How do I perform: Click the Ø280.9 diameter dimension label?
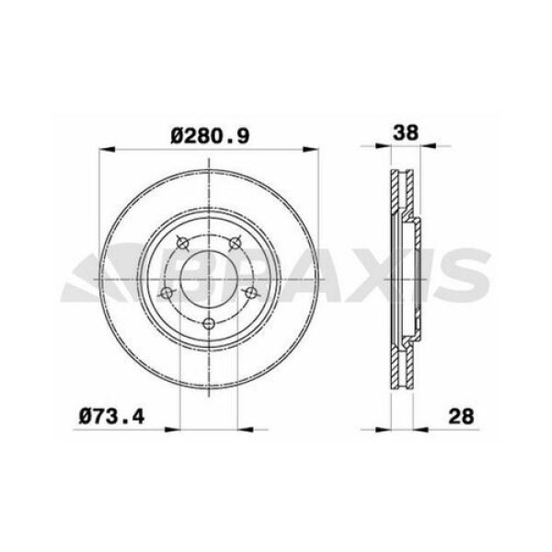click(x=211, y=135)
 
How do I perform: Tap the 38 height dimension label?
click(x=406, y=132)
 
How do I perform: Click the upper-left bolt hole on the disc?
click(x=181, y=243)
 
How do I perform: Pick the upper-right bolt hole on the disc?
click(x=236, y=243)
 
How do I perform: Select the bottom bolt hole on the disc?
click(x=209, y=323)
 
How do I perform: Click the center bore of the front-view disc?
click(x=209, y=277)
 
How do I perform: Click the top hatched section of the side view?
click(x=399, y=193)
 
